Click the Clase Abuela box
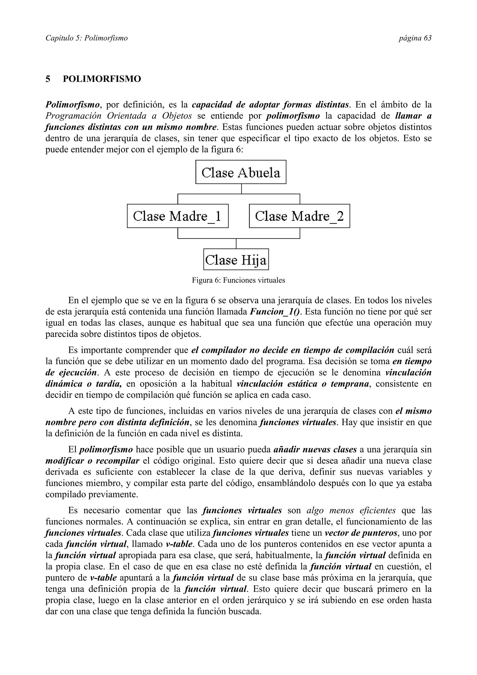click(241, 172)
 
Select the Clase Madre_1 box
click(177, 216)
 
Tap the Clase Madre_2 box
click(299, 216)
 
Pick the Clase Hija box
click(236, 259)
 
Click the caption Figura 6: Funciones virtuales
click(238, 280)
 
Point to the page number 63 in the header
click(415, 38)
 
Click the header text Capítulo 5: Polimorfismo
click(86, 38)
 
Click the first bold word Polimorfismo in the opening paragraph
click(72, 105)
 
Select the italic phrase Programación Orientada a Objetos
click(119, 116)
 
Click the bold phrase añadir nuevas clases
click(315, 450)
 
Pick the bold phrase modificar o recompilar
click(92, 461)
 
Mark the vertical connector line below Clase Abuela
click(241, 189)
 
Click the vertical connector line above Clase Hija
click(236, 243)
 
